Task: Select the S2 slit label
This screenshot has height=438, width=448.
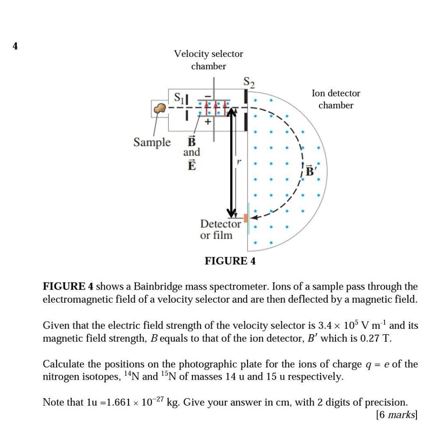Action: [x=249, y=82]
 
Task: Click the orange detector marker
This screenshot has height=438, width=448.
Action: [x=246, y=218]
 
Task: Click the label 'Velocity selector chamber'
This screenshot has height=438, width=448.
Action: [x=208, y=60]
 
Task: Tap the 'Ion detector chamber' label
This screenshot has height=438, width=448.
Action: [x=336, y=99]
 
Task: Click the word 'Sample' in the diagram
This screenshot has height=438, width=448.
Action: [x=152, y=142]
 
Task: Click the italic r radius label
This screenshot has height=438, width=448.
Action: [x=238, y=163]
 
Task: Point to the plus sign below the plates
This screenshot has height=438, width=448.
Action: [x=208, y=123]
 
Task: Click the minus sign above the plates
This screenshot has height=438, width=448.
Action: [x=208, y=95]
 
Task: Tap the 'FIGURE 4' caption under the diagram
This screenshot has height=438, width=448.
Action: [x=230, y=261]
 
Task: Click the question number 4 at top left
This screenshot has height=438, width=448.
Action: [x=15, y=46]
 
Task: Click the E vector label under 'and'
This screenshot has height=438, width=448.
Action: [x=191, y=165]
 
